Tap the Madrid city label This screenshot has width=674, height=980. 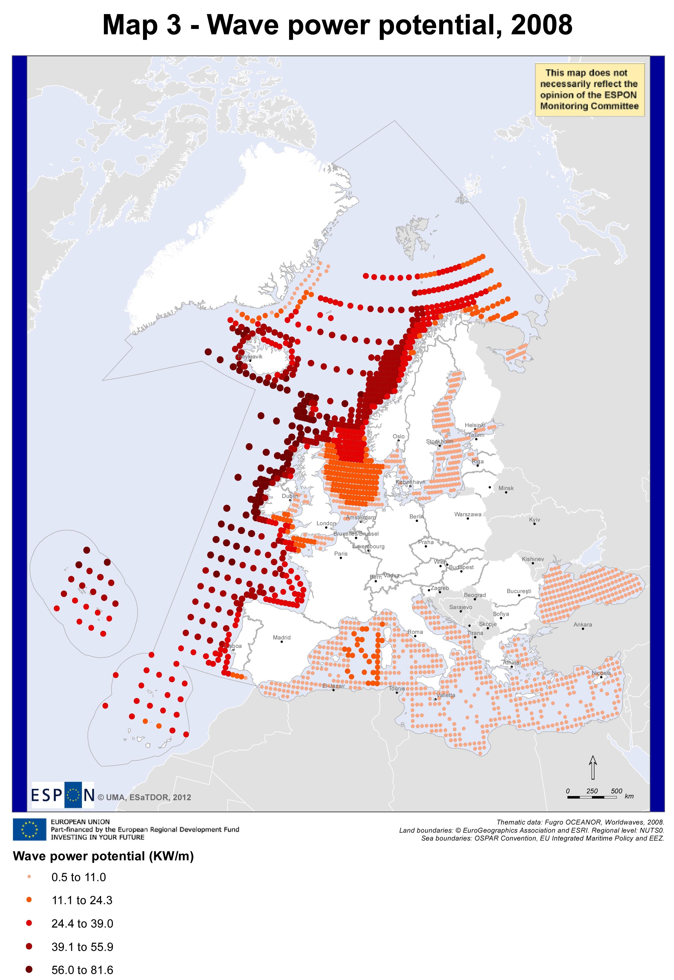click(x=282, y=637)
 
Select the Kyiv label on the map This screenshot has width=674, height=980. click(x=534, y=520)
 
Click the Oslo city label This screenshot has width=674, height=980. click(x=399, y=436)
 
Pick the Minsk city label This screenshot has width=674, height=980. click(x=506, y=488)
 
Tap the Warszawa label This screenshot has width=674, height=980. click(x=467, y=514)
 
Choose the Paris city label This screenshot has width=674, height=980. click(x=341, y=554)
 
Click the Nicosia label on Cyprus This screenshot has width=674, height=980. click(x=601, y=673)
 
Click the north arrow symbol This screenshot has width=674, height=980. click(x=593, y=767)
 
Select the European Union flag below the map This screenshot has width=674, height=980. click(x=29, y=830)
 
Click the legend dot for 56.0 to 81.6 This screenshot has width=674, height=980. click(x=29, y=970)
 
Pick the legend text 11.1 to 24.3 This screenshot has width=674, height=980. click(x=82, y=900)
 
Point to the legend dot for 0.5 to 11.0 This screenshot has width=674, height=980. click(x=29, y=877)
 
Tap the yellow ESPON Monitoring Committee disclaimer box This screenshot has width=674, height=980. click(x=590, y=89)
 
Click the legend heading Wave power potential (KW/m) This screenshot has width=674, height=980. click(x=104, y=856)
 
